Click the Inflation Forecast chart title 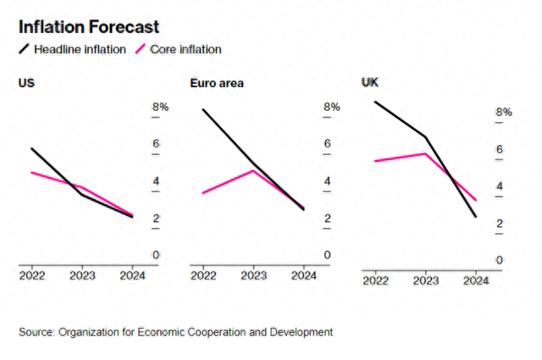tap(89, 27)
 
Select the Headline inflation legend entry tap(72, 49)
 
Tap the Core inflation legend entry tap(179, 49)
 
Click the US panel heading tap(26, 83)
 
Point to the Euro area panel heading tap(217, 83)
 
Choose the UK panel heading tap(370, 82)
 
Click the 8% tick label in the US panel tap(160, 107)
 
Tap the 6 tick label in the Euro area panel tap(328, 143)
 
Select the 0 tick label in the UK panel tap(499, 260)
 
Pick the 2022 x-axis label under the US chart tap(32, 275)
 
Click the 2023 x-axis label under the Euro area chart tap(254, 275)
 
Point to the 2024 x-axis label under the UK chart tap(476, 280)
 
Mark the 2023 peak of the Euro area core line tap(253, 170)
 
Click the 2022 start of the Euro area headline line tap(203, 109)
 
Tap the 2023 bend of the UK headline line tap(425, 137)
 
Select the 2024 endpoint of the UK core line tap(476, 200)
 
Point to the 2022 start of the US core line tap(31, 172)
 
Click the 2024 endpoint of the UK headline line tap(476, 217)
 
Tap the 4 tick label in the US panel tap(156, 181)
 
